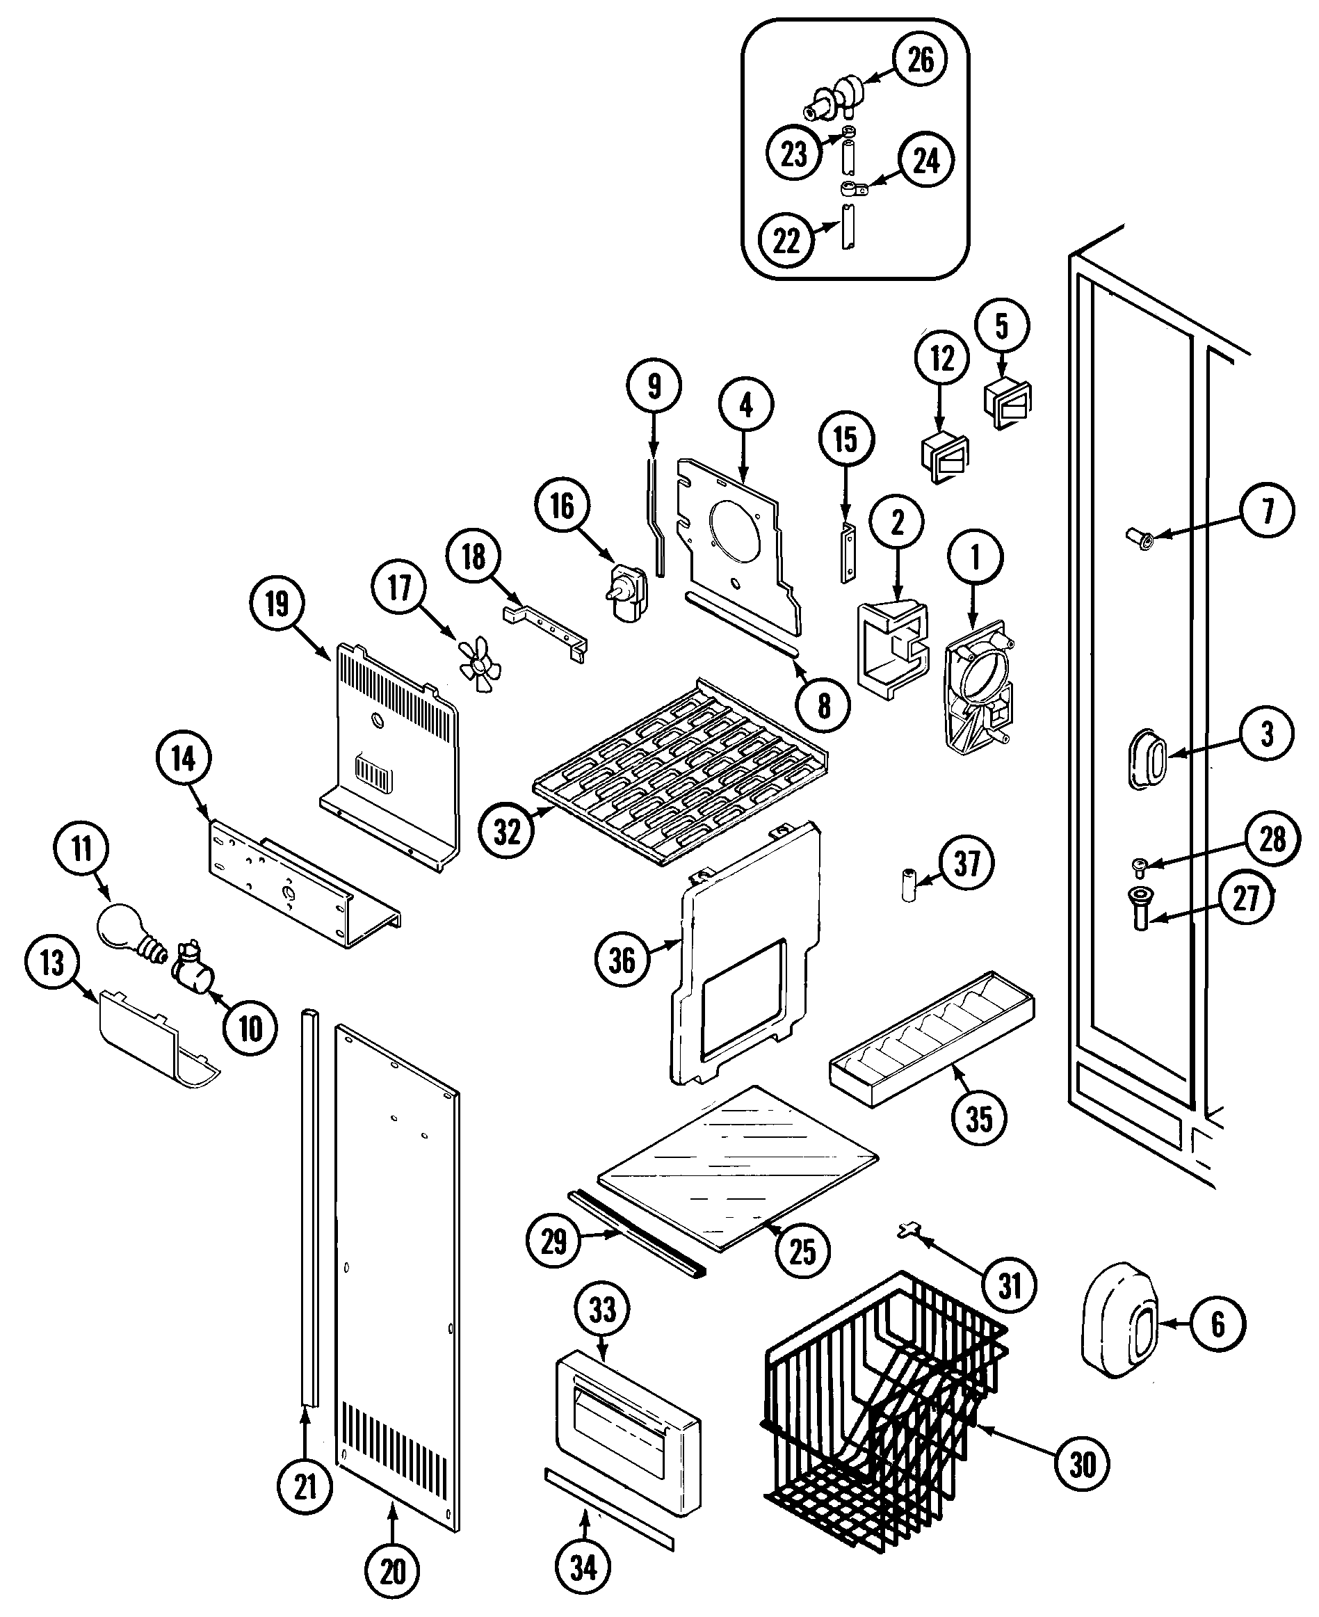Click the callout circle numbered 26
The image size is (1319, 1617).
pyautogui.click(x=920, y=59)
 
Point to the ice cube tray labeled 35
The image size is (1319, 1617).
pyautogui.click(x=932, y=1038)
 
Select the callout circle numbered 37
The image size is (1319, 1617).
pyautogui.click(x=966, y=863)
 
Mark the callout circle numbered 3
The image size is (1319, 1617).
pyautogui.click(x=1267, y=734)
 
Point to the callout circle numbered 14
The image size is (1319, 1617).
pyautogui.click(x=183, y=758)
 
